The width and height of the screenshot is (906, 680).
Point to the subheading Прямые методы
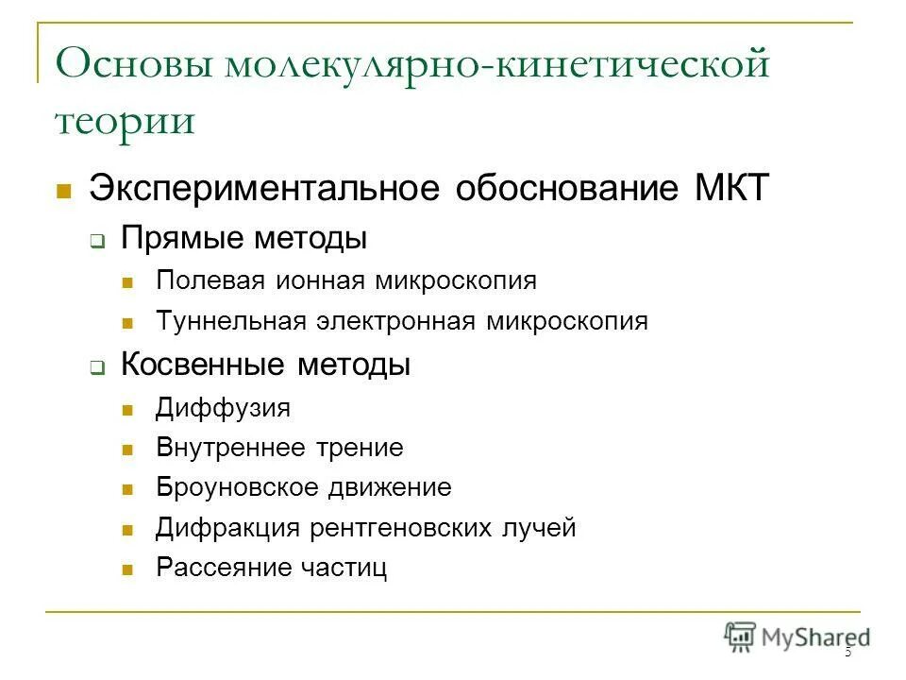point(243,238)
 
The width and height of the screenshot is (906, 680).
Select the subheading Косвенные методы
point(265,365)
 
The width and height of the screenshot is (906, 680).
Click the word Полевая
point(211,280)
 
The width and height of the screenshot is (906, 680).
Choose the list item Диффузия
point(224,408)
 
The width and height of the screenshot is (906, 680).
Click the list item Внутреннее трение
point(279,448)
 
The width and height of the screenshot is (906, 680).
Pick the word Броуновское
point(240,488)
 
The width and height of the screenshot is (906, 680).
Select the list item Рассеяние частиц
point(271,568)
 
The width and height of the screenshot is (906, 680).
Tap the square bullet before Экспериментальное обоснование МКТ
point(64,190)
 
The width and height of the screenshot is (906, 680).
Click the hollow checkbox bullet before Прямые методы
point(96,241)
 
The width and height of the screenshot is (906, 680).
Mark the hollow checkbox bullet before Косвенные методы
point(96,367)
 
